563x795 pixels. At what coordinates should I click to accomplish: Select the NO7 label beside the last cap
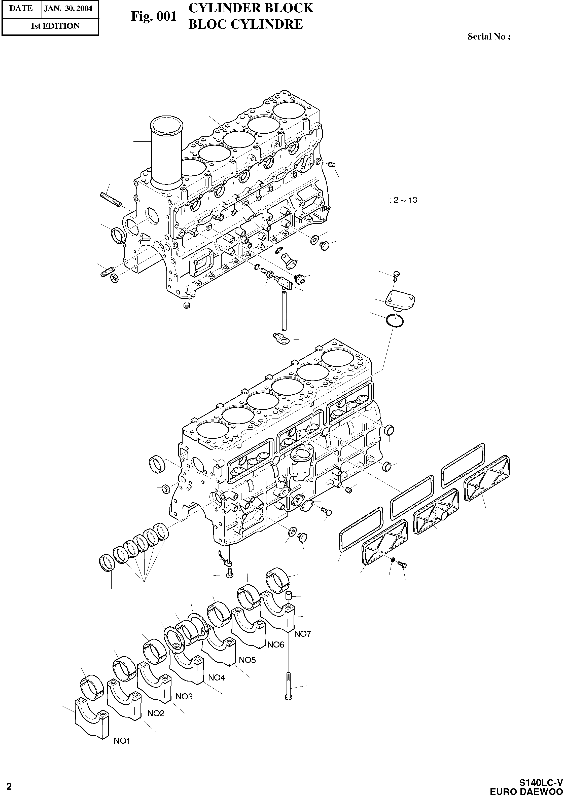click(x=303, y=634)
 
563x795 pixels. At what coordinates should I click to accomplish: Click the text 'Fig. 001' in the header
click(x=154, y=16)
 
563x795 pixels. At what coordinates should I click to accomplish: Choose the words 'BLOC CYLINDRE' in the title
click(x=245, y=24)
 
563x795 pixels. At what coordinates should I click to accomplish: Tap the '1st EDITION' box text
click(x=55, y=26)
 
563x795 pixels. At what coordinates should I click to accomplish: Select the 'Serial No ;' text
click(x=489, y=36)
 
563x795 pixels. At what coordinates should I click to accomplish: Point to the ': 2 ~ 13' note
click(x=403, y=200)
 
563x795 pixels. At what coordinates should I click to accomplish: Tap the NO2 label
click(x=156, y=713)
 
